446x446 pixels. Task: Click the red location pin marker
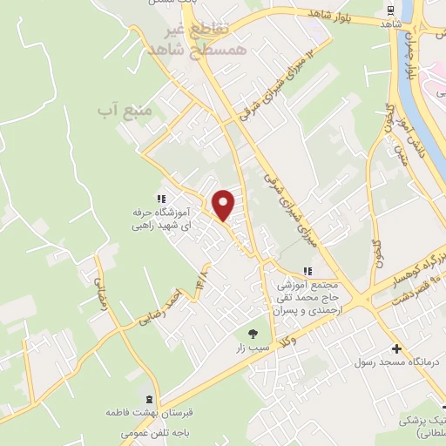224,205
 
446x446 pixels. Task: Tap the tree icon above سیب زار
253,333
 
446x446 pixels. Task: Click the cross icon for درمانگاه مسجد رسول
397,348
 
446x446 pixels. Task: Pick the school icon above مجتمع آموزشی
306,272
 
